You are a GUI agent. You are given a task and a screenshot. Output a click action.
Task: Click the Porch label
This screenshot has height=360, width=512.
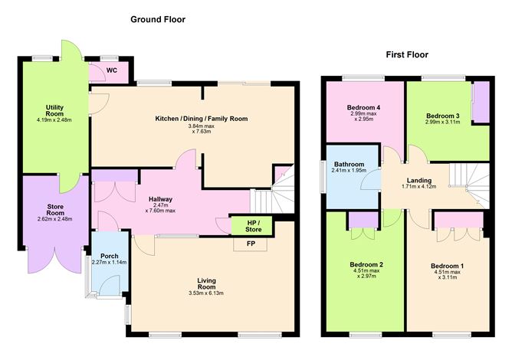108,256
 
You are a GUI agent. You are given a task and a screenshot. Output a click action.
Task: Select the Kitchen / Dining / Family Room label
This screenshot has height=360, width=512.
202,119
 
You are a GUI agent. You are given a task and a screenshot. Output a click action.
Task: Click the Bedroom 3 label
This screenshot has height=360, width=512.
442,116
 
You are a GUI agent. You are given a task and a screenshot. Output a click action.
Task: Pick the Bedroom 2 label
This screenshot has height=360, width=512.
364,264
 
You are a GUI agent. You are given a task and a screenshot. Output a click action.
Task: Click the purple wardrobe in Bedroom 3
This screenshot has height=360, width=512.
481,103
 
